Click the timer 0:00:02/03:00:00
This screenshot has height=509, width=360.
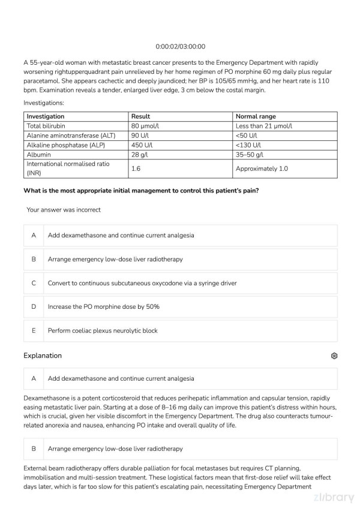(180, 46)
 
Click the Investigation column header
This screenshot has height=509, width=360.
(46, 116)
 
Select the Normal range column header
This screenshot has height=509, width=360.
(256, 116)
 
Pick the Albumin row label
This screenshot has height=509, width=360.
(40, 155)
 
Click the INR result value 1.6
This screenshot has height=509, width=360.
(136, 169)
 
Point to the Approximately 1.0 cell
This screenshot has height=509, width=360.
(262, 169)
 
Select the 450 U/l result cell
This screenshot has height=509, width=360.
(142, 145)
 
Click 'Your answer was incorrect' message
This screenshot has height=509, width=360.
(64, 210)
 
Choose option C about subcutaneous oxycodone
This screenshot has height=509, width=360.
(142, 283)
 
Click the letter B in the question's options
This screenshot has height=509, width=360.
(34, 260)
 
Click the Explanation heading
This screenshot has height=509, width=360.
(43, 356)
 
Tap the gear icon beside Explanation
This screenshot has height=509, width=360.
(334, 356)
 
